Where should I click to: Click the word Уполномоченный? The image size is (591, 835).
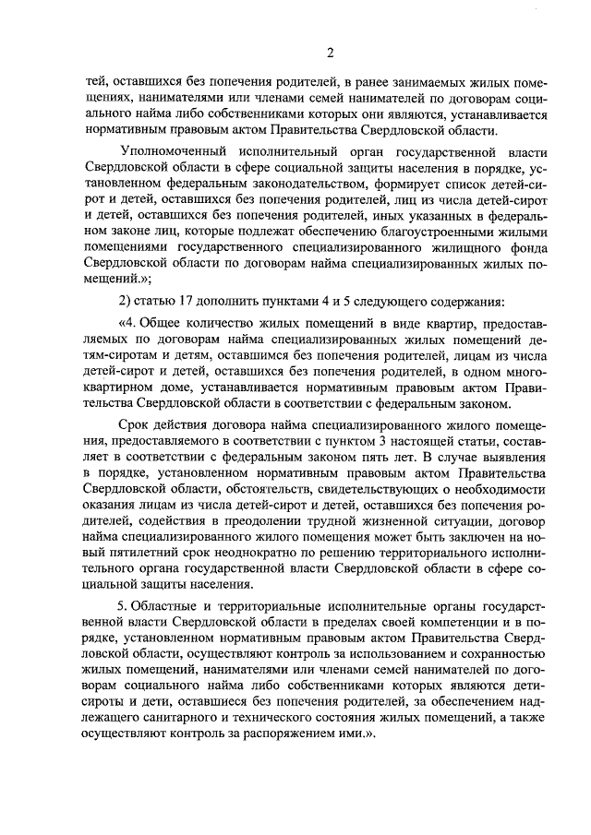(x=171, y=150)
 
